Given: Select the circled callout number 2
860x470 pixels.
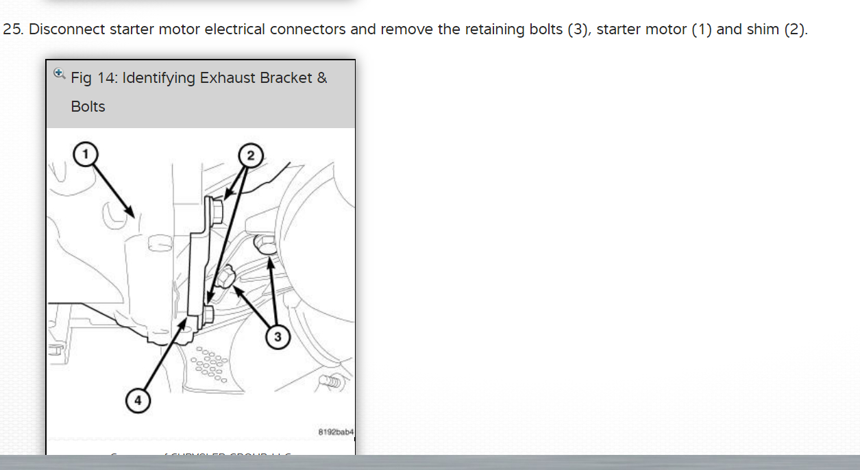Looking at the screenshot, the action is point(250,156).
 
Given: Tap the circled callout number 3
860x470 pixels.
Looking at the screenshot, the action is point(278,336).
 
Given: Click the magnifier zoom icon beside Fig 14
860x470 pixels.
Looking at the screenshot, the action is point(59,73).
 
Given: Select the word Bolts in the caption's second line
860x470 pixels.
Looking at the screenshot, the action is point(88,107).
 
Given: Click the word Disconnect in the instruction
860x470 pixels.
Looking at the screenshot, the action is point(66,30).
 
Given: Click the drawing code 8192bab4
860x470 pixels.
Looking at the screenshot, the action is point(336,432).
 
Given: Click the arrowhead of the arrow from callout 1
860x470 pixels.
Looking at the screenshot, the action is point(132,212).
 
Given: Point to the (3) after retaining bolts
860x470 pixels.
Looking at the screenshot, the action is point(579,30).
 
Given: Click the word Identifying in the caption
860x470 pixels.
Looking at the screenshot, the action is point(160,78).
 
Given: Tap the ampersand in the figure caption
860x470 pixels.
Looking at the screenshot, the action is point(322,78).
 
